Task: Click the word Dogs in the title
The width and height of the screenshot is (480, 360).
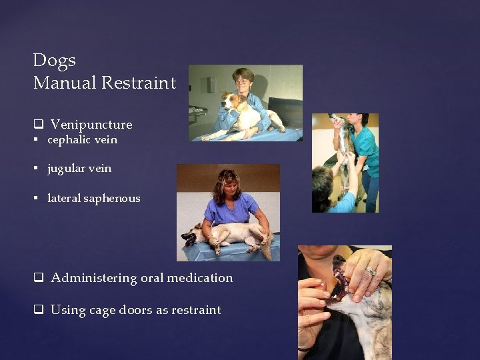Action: (x=54, y=61)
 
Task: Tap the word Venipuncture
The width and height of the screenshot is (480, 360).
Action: (x=91, y=125)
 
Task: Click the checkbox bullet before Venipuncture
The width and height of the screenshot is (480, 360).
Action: (x=38, y=125)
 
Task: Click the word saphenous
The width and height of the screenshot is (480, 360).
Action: (x=112, y=199)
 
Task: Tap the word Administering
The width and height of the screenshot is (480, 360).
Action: (x=94, y=278)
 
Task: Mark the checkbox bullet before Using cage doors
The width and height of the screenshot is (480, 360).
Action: (x=38, y=310)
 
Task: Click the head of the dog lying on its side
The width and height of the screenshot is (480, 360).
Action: (x=193, y=235)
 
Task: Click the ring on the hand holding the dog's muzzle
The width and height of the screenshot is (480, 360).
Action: (x=371, y=271)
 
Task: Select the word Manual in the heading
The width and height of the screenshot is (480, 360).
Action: (x=65, y=83)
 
